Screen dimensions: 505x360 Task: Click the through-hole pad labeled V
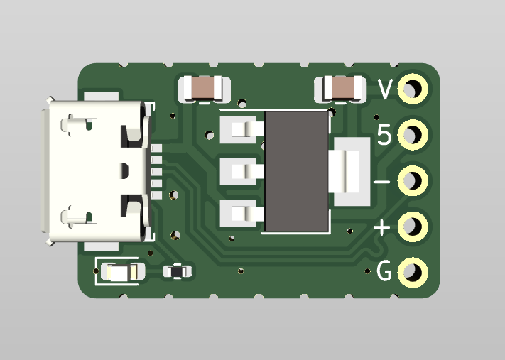413,89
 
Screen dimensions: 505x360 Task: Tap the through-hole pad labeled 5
413,135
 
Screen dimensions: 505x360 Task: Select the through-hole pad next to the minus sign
413,180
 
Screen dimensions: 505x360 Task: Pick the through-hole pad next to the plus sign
413,227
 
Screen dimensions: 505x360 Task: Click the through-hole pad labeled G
413,273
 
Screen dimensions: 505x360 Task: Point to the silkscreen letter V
385,89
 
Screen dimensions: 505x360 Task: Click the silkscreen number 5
384,135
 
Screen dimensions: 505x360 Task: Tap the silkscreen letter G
384,271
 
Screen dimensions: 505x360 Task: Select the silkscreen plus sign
382,227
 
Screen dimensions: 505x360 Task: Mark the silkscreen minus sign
381,182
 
